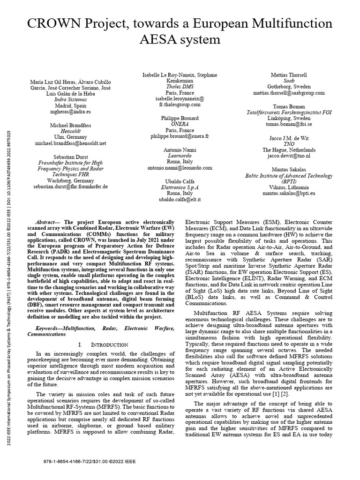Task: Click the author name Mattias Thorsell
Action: point(289,75)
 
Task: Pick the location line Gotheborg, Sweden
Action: point(289,87)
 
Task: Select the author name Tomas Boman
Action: point(289,106)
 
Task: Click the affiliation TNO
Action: point(289,144)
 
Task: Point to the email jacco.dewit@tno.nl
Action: point(289,156)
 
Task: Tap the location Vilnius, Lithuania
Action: point(289,187)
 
